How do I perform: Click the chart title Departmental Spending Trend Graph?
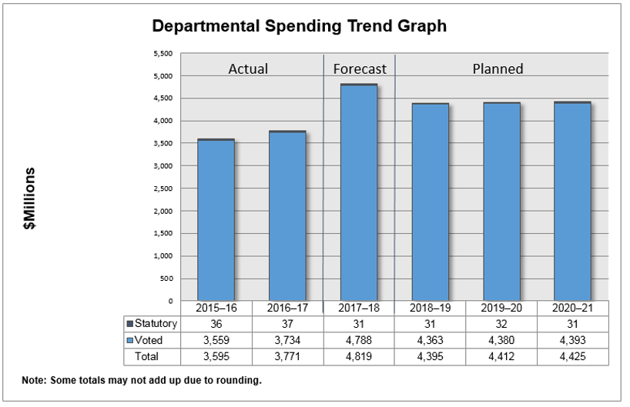click(299, 26)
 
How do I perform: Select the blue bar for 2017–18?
click(360, 192)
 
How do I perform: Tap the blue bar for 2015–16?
click(216, 220)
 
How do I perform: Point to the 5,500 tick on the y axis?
click(163, 54)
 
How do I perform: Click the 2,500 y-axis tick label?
click(163, 188)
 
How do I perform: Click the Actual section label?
click(248, 68)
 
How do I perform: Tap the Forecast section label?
click(360, 68)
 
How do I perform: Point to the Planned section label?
click(498, 68)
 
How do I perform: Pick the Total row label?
click(148, 356)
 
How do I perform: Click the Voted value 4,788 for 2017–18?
click(360, 340)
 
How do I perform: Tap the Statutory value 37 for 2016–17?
click(288, 324)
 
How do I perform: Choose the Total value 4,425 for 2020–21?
click(573, 356)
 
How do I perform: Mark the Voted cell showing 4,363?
click(431, 340)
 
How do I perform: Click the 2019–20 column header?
click(501, 308)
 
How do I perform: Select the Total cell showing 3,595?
click(216, 356)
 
